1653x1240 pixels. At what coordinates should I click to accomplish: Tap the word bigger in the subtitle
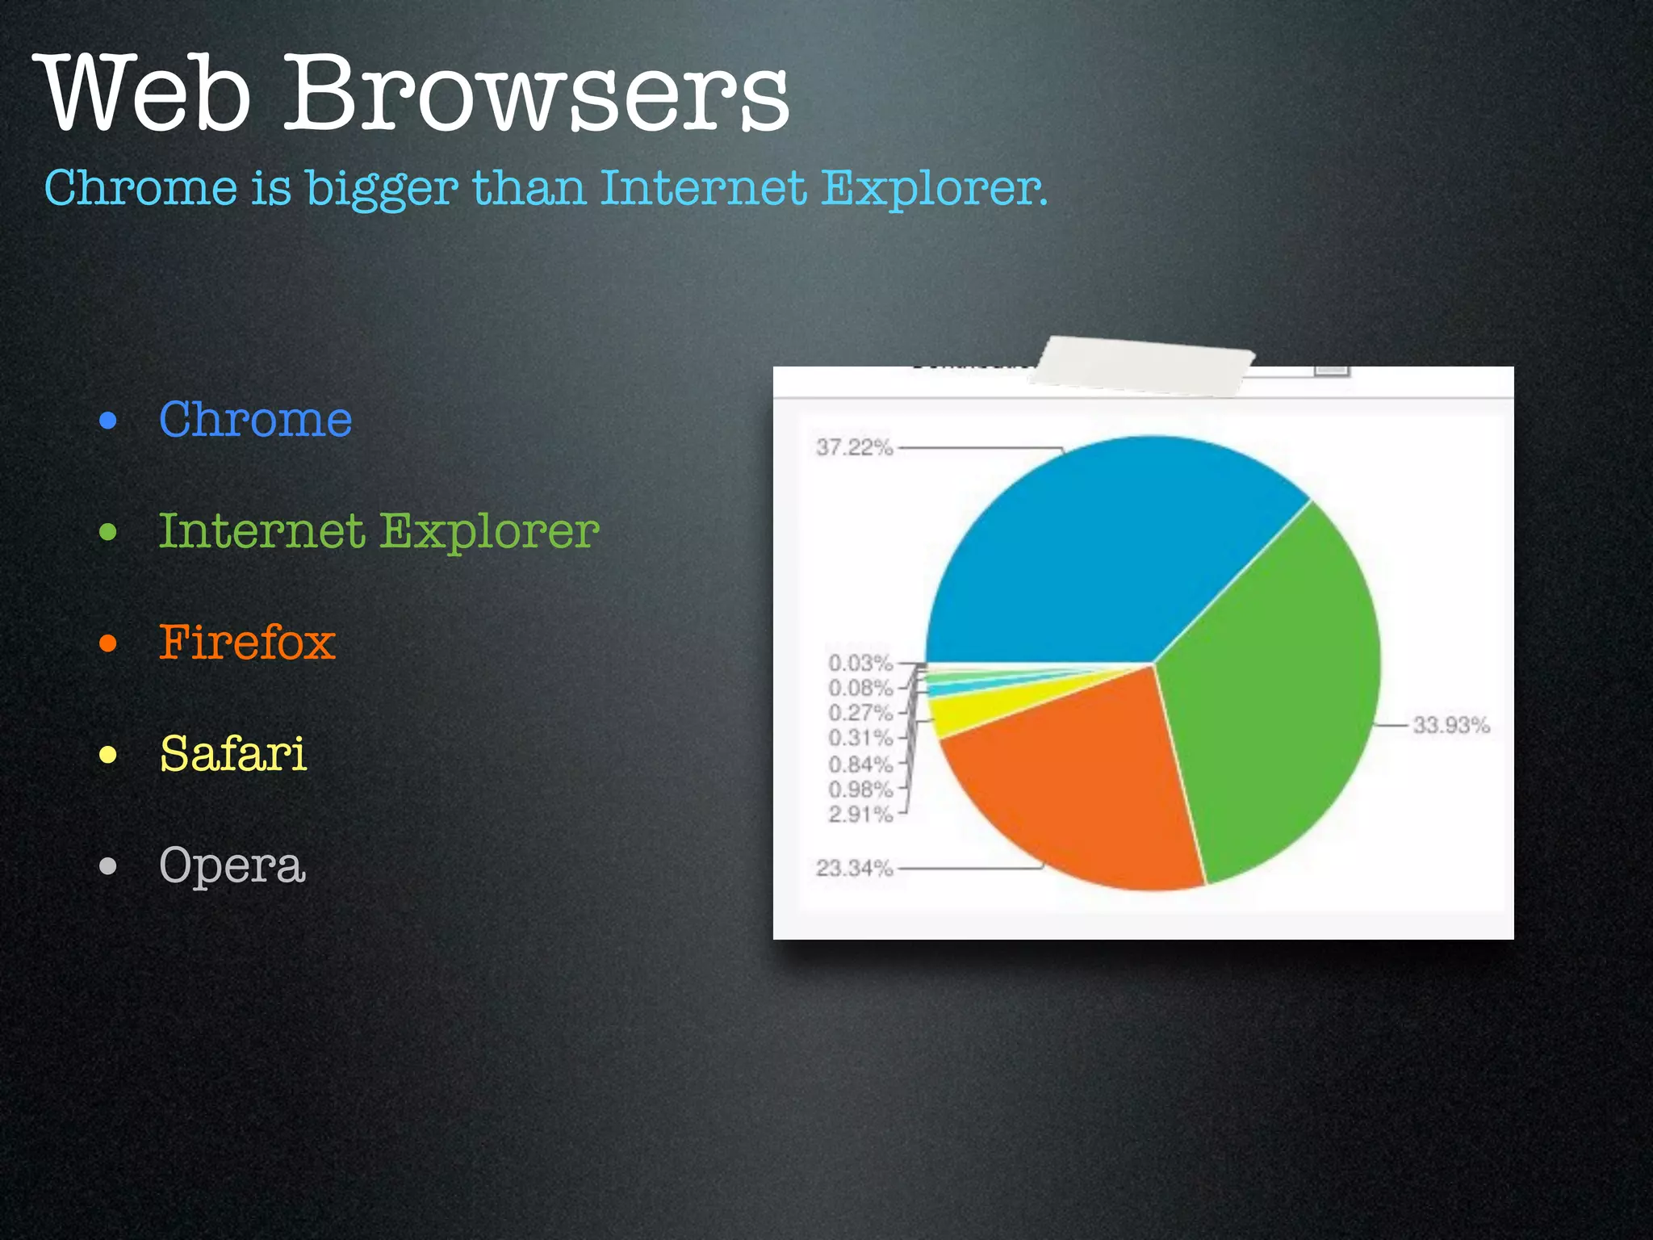tap(382, 189)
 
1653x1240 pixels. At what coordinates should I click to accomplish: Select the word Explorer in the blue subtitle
tap(934, 187)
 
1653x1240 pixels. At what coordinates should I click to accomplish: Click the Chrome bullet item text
tap(255, 420)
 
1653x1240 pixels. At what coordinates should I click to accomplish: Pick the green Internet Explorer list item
tap(379, 531)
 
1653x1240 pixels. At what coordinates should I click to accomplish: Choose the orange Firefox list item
tap(247, 643)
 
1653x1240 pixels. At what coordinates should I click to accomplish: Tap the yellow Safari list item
tap(233, 754)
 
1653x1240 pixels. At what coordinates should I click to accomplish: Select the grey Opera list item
tap(232, 865)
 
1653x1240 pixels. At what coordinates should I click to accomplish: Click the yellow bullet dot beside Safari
tap(108, 755)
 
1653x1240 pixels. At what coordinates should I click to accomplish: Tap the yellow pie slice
tap(969, 710)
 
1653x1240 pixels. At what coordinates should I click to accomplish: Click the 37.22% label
tap(854, 447)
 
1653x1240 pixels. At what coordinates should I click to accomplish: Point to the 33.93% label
tap(1450, 725)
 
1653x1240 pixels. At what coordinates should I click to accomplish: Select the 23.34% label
tap(854, 869)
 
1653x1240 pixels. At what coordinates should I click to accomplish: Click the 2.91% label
tap(860, 815)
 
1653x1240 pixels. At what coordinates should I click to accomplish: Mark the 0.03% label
tap(860, 664)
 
